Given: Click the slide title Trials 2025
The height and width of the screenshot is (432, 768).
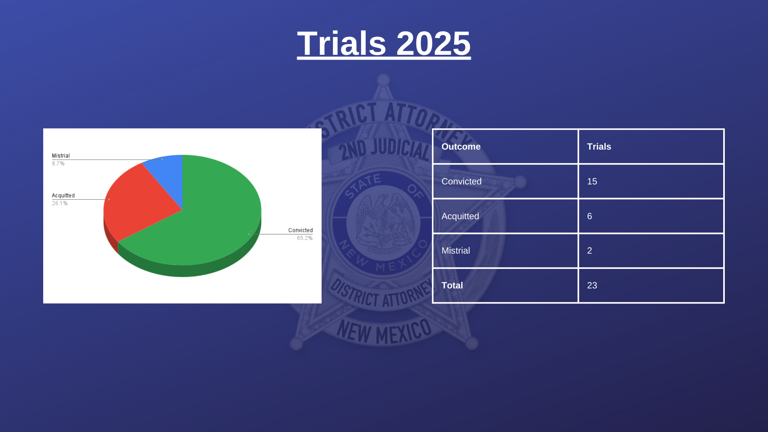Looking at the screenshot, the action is coord(384,43).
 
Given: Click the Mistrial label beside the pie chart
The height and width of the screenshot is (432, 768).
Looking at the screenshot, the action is coord(61,156).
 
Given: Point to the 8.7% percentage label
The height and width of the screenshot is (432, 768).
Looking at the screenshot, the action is coord(58,164).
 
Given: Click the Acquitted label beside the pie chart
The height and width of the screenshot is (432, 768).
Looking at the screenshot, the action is coord(63,196).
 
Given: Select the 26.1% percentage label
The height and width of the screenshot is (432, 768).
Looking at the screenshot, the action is coord(60,203).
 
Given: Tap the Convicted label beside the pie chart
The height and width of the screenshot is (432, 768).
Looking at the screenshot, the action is coord(300,230).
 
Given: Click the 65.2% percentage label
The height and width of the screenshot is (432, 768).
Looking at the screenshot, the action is coord(305,238).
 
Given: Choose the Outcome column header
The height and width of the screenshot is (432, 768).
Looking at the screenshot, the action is coord(461,146).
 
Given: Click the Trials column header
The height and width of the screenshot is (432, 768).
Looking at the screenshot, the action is coord(599,146).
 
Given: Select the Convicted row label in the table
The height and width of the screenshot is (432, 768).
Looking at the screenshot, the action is coord(462,181).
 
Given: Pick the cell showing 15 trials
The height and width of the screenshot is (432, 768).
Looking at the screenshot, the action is coord(592,181).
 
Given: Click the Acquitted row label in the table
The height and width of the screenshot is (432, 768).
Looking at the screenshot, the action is coord(460,216).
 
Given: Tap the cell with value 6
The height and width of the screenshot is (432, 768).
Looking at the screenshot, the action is coord(590,216).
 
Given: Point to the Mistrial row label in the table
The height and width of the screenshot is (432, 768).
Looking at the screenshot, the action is coord(456,250).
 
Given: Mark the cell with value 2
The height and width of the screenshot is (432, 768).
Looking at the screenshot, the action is coord(590,250).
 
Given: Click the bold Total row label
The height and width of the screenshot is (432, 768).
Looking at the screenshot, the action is coord(452,285).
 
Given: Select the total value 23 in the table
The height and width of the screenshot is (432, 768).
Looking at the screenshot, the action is coord(592,285).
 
